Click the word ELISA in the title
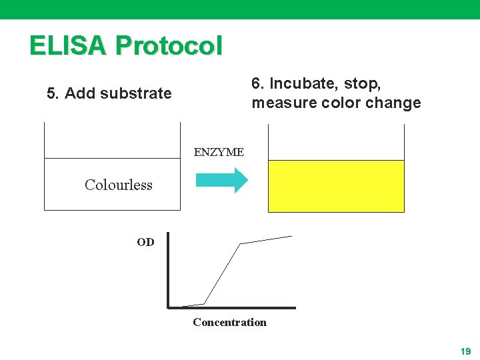[x=68, y=45]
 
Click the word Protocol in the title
[x=169, y=45]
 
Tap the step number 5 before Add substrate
[x=51, y=93]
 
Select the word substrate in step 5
[x=141, y=93]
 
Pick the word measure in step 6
[x=281, y=103]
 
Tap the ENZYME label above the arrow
[x=219, y=152]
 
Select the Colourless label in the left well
[x=118, y=185]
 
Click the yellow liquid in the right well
[x=336, y=186]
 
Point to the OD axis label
[x=145, y=242]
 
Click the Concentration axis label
[x=229, y=323]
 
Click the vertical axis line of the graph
[x=168, y=270]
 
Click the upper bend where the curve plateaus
[x=241, y=244]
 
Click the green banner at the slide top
[x=240, y=9]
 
